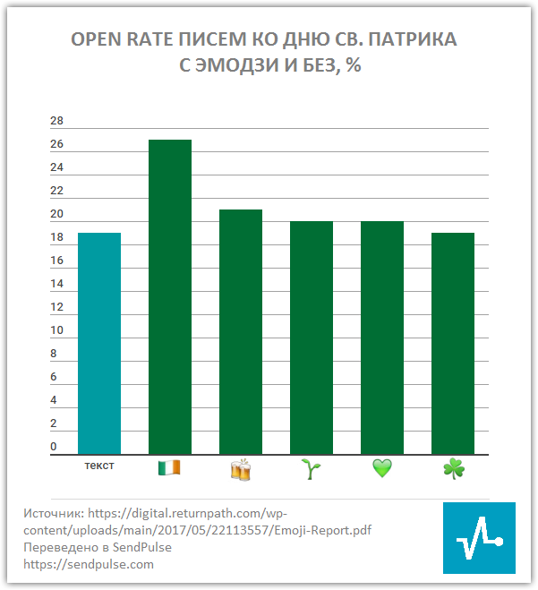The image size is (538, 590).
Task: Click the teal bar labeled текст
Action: [99, 344]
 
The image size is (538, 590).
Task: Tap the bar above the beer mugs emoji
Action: [241, 332]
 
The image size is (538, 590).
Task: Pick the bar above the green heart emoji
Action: [382, 338]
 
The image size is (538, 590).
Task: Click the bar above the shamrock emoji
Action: [453, 344]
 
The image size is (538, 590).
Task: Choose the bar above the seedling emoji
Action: [312, 338]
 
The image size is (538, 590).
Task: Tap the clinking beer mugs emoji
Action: [241, 469]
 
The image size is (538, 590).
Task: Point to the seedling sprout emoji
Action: [312, 468]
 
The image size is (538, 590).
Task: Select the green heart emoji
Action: [382, 468]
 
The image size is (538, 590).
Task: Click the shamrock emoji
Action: [454, 468]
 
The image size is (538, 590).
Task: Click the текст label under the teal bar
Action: [98, 466]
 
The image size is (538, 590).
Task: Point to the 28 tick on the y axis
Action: [57, 122]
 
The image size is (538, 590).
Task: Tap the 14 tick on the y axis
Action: [57, 285]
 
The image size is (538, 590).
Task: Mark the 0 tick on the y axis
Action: [55, 448]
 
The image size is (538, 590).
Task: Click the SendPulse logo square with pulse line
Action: [479, 537]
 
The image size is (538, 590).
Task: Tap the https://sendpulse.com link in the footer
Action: [89, 564]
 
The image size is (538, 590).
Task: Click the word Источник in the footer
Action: [53, 514]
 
